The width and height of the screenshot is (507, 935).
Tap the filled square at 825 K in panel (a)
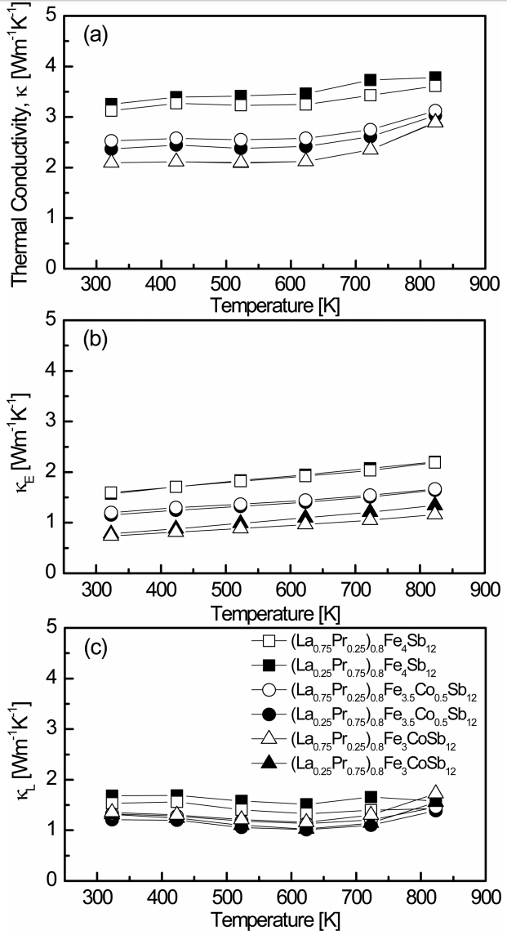click(435, 78)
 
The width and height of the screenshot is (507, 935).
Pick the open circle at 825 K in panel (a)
click(435, 112)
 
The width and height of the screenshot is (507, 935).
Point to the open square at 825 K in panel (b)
click(434, 462)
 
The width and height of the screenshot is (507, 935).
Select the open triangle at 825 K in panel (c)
click(435, 792)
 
